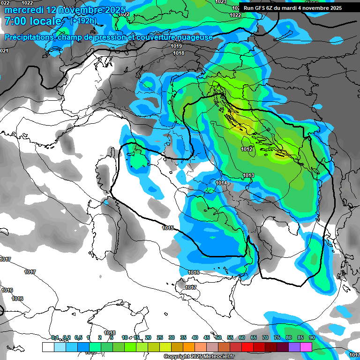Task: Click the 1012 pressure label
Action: point(247,150)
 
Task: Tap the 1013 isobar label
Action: point(248,176)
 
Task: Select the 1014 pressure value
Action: point(222,183)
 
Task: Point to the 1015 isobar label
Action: point(168,228)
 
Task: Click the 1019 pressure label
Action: point(176,46)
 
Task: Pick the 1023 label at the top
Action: point(221,2)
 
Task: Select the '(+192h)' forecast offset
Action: point(83,21)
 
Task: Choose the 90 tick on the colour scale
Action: point(312,337)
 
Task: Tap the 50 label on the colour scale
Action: point(218,337)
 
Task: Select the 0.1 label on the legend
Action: point(54,337)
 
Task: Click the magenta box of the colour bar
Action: point(306,347)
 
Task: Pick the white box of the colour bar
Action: point(48,347)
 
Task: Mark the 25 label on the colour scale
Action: point(160,337)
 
